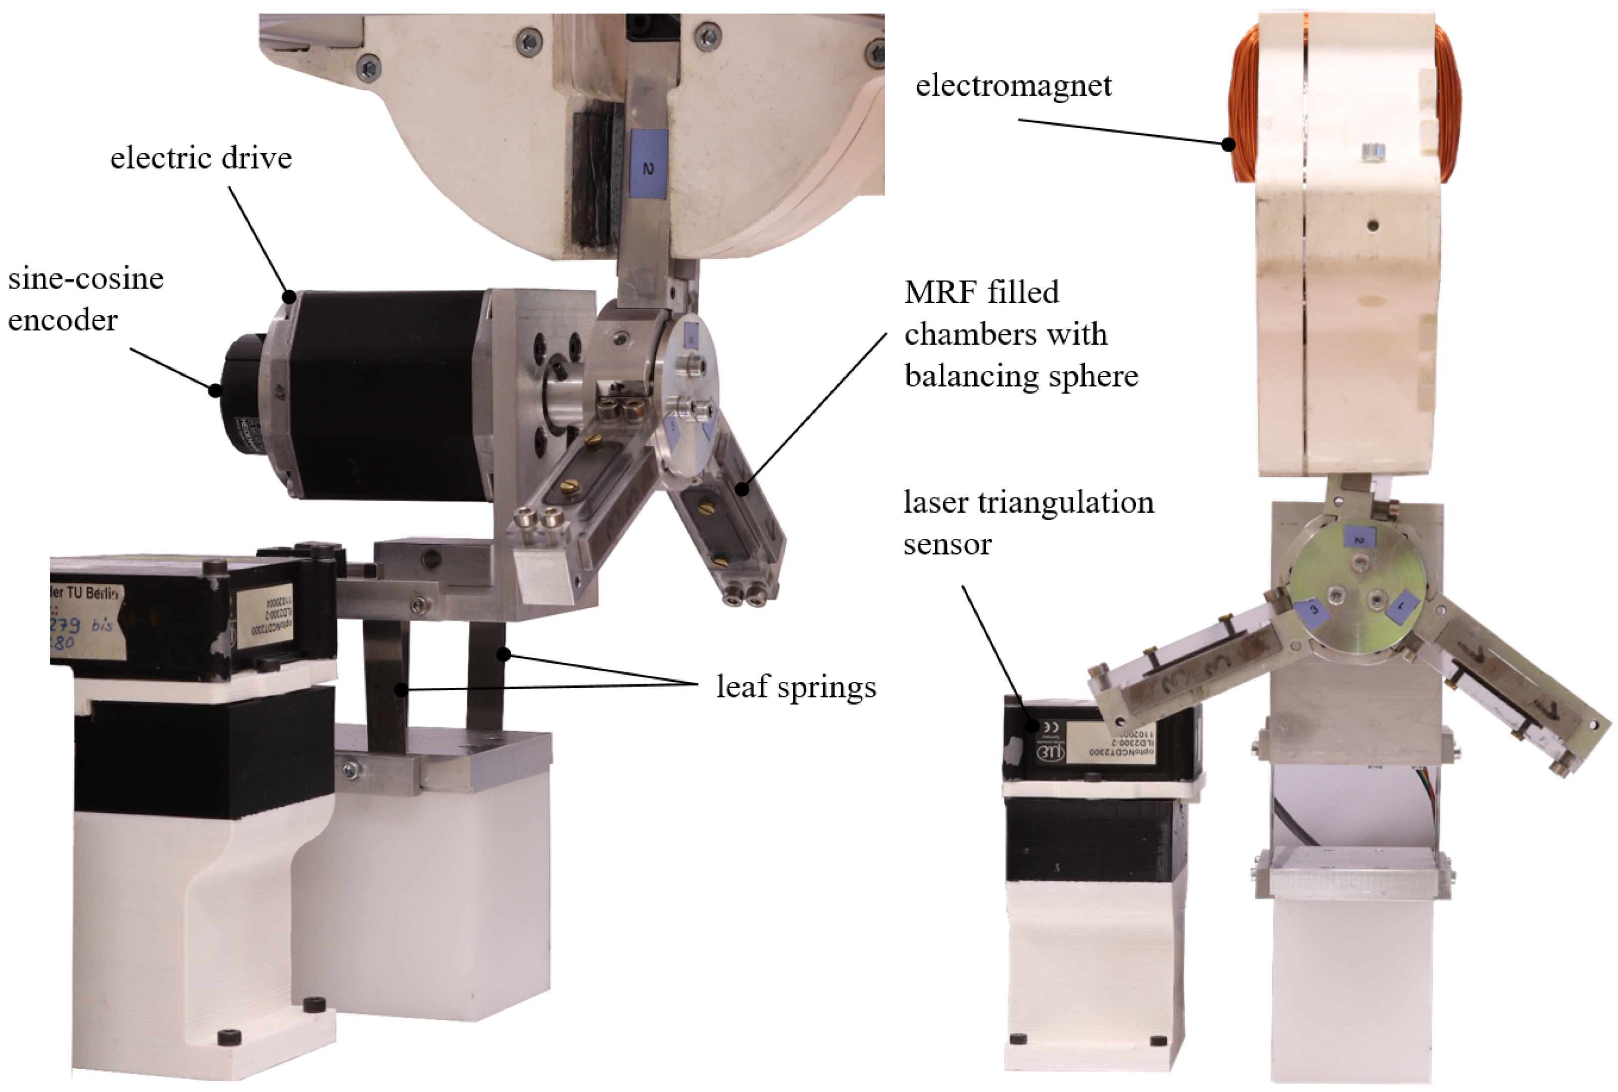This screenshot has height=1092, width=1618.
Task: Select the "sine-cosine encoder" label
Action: (x=86, y=300)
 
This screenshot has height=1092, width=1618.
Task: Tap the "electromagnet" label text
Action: (x=1013, y=86)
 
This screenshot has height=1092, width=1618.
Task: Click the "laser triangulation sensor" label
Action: (x=1029, y=522)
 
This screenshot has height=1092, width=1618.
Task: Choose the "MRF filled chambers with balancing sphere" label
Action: (x=1021, y=334)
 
